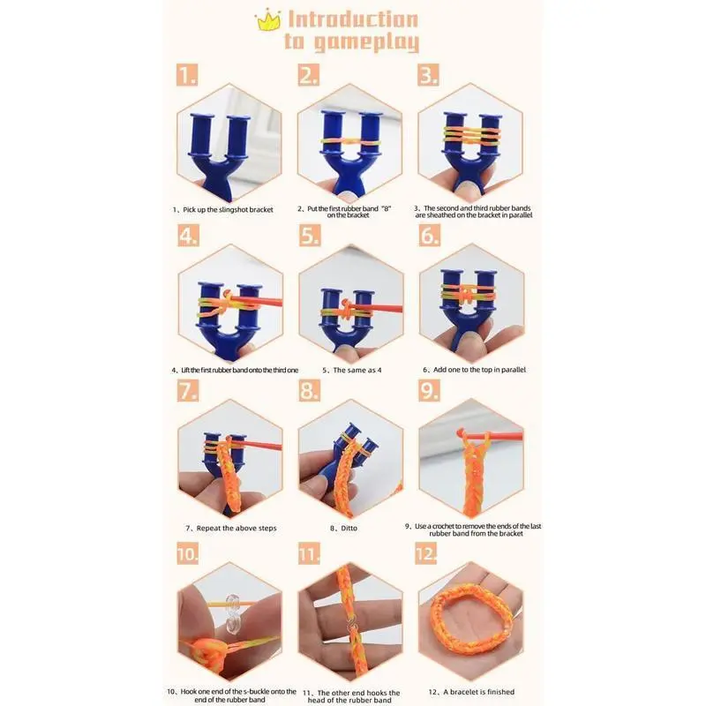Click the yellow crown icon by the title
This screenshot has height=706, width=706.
click(268, 19)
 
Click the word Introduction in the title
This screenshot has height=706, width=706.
click(353, 19)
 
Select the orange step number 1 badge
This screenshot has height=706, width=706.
click(187, 75)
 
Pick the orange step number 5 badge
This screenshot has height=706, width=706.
click(310, 236)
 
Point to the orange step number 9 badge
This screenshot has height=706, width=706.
click(429, 390)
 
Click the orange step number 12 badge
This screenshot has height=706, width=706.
click(426, 553)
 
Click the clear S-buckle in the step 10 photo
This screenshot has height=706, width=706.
click(232, 613)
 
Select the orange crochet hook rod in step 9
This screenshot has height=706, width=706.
click(494, 436)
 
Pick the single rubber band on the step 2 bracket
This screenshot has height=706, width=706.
click(350, 142)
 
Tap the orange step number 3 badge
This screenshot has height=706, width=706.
click(429, 75)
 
